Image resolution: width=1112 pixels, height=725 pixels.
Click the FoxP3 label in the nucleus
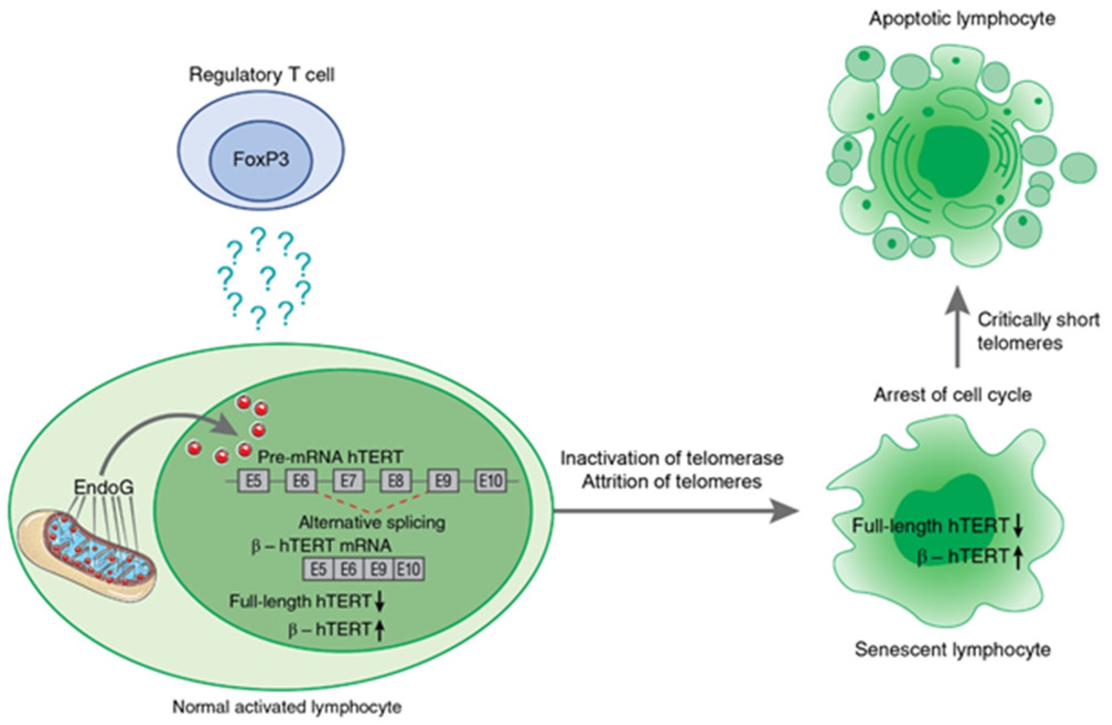[x=261, y=159]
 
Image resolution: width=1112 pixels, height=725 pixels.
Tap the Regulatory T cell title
[x=261, y=74]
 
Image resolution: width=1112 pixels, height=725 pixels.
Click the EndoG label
[x=104, y=487]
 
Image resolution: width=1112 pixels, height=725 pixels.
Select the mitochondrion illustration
[x=88, y=555]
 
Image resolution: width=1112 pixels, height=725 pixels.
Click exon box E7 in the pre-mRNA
[x=348, y=481]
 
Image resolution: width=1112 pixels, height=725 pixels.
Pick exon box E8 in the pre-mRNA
[x=396, y=481]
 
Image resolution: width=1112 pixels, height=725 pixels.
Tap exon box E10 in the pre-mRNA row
[x=491, y=481]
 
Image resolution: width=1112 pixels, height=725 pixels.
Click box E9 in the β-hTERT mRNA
[x=378, y=569]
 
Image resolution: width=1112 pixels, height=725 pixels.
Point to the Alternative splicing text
[x=372, y=522]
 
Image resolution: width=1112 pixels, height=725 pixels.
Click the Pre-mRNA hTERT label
[x=330, y=457]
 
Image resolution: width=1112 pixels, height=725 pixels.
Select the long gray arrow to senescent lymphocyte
[x=673, y=511]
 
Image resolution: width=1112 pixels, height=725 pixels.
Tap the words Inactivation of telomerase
[x=672, y=458]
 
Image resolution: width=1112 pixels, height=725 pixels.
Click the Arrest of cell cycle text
[x=952, y=395]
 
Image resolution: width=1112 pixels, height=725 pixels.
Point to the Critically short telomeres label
[x=1038, y=331]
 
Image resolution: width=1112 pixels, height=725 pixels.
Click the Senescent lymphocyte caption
[x=952, y=649]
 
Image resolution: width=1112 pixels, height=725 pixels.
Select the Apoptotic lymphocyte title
[x=962, y=19]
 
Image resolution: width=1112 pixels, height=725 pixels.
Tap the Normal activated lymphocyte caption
[x=287, y=707]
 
